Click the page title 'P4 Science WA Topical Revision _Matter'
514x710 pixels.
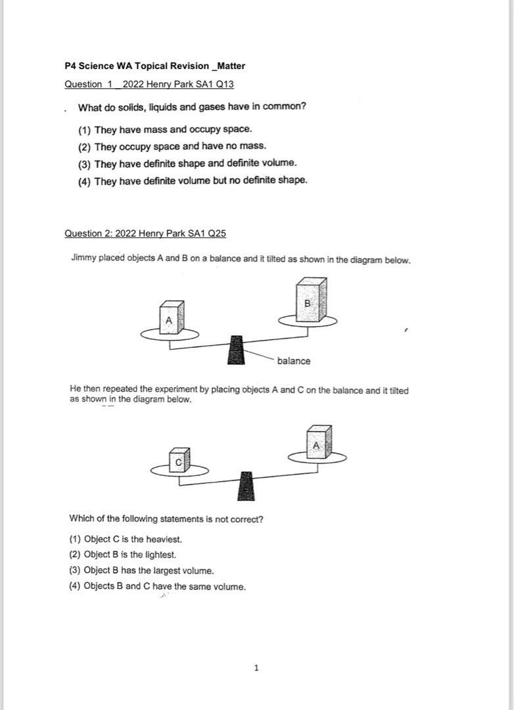[x=154, y=66]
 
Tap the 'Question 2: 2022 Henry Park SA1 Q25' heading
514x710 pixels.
[x=145, y=233]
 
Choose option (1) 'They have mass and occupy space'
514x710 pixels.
[x=165, y=130]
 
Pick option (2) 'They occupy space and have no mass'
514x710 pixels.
[x=172, y=146]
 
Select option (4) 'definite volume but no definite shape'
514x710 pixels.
[x=193, y=179]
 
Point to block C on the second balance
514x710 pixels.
[x=179, y=460]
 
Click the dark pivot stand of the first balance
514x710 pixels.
[x=235, y=350]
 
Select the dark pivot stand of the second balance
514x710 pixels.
[x=246, y=486]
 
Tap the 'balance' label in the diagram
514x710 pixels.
[x=294, y=361]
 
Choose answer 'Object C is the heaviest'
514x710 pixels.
[x=126, y=539]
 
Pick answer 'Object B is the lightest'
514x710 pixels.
[x=123, y=555]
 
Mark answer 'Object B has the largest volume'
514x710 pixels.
[x=141, y=571]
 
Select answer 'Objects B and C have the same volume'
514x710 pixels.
[x=157, y=586]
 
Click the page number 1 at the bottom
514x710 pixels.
[x=256, y=669]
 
